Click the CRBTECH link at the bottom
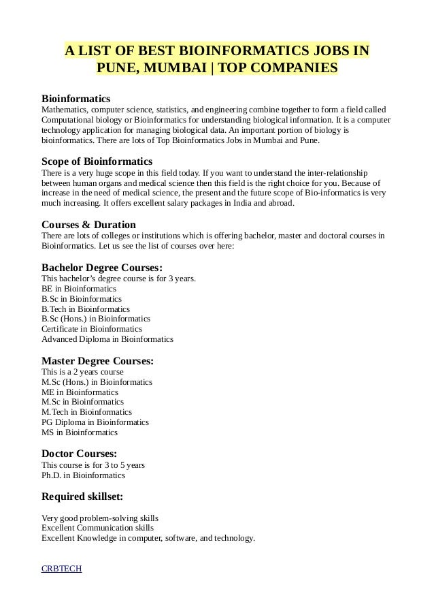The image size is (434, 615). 61,569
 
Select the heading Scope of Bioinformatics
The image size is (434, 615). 97,161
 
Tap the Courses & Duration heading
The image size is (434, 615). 88,224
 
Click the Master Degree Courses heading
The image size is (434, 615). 97,360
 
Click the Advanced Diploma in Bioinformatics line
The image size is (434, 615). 107,338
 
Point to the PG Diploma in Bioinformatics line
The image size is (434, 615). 95,422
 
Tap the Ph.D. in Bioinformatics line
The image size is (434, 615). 84,475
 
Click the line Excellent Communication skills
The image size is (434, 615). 97,528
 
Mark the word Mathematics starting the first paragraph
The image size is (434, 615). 63,109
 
